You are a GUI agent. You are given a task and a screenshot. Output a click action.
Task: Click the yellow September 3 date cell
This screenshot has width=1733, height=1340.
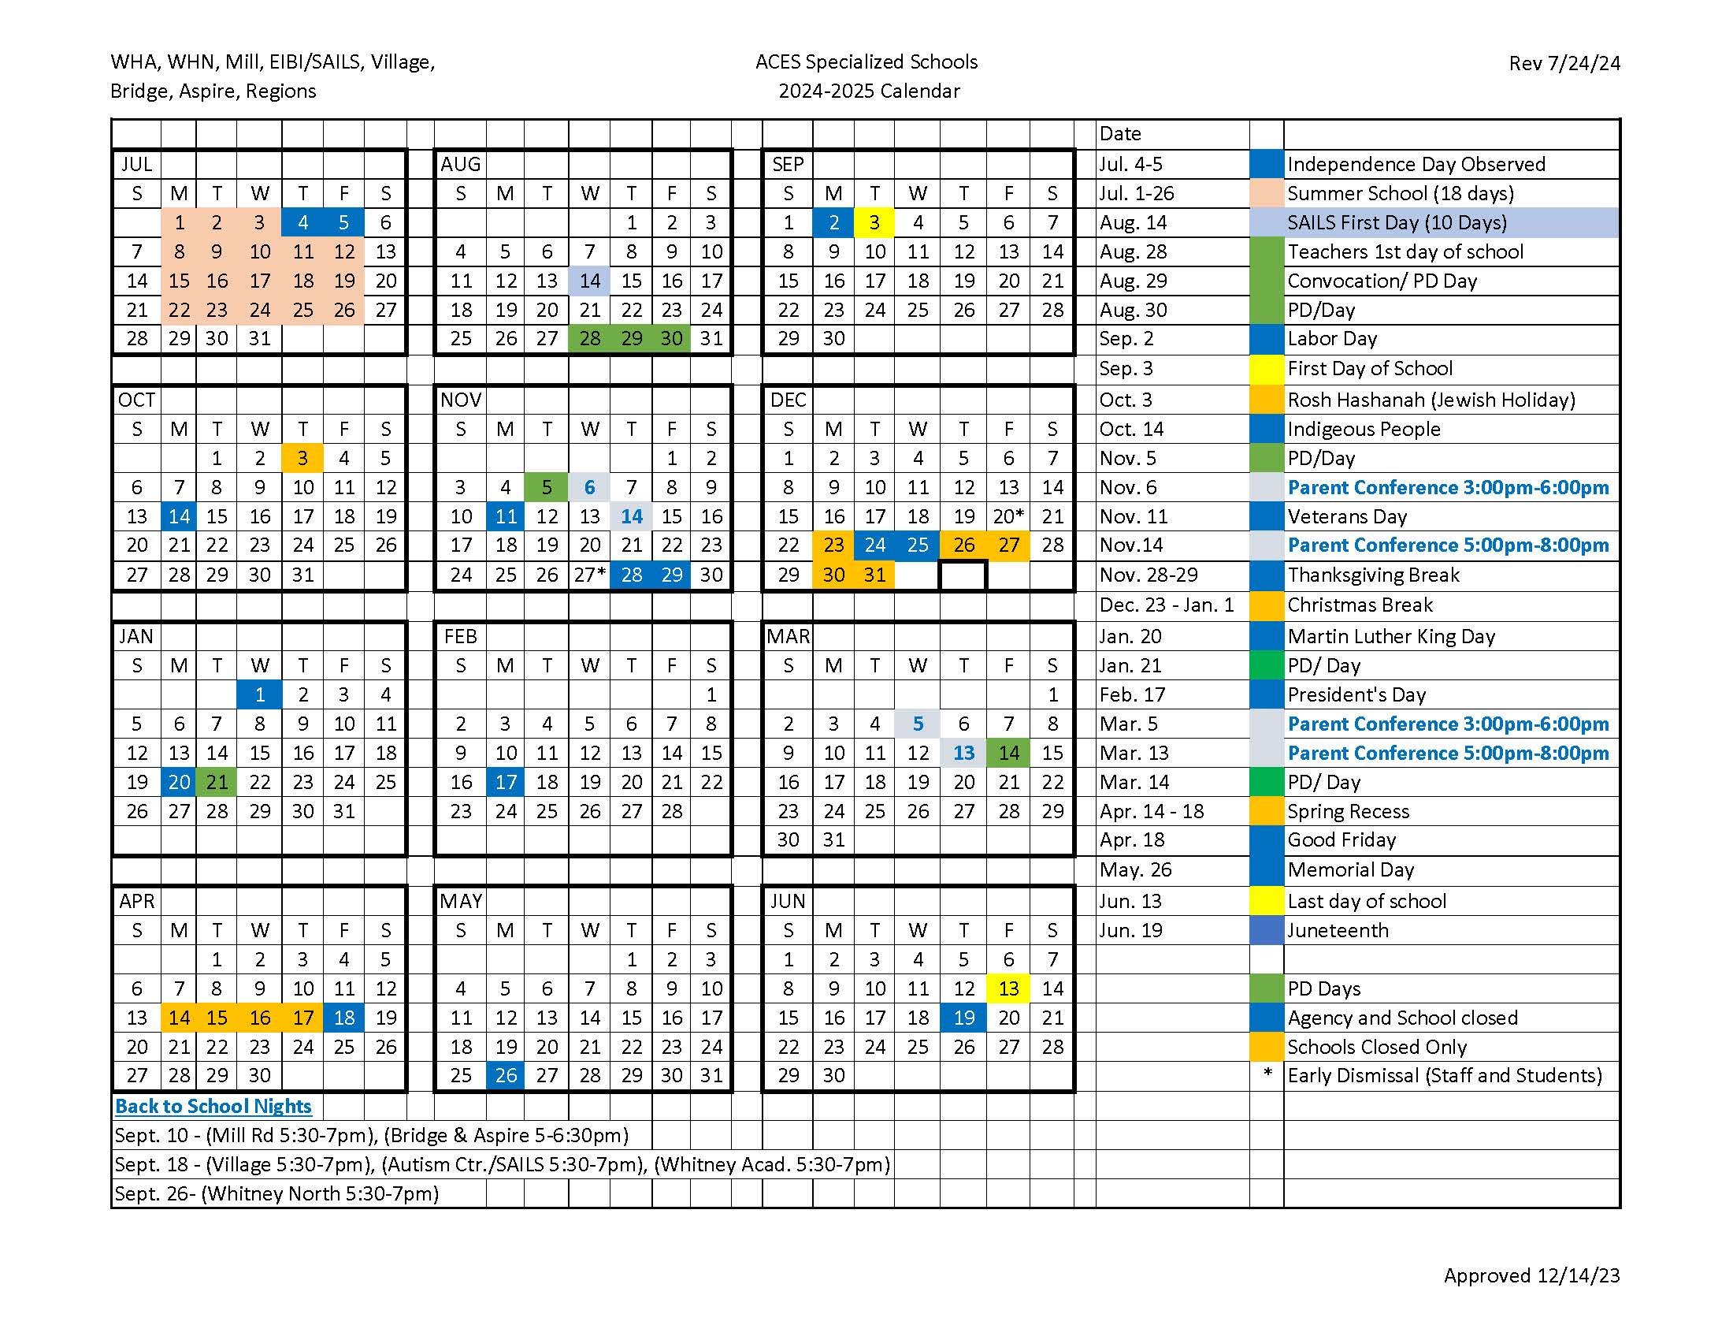coord(874,223)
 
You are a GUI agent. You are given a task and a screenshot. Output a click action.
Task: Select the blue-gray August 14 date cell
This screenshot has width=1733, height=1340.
coord(589,281)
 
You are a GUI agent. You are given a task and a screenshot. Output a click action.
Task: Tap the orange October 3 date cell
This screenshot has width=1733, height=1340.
coord(302,458)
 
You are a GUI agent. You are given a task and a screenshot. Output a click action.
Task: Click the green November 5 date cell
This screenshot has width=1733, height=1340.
coord(547,487)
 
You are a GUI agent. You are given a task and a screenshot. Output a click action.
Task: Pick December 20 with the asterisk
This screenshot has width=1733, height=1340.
coord(1008,517)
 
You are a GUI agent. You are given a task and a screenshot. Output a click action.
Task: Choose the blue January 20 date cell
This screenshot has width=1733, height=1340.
coord(180,782)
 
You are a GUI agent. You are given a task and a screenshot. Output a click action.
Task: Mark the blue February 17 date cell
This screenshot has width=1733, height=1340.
coord(506,782)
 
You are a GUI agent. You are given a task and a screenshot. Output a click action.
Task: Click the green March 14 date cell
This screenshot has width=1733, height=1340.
coord(1008,753)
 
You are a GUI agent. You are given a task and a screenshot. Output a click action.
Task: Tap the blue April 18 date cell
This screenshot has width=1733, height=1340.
coord(343,1018)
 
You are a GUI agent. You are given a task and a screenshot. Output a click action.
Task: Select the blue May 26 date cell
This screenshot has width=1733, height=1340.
coord(506,1076)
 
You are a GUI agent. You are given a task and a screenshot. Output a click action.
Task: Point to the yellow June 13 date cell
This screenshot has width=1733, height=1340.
coord(1008,988)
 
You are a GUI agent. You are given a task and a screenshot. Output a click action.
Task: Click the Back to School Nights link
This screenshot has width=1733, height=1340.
coord(213,1106)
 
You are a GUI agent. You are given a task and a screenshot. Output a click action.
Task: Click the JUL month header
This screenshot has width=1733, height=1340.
coord(136,164)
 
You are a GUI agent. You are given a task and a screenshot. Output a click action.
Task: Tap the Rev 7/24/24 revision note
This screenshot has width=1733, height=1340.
coord(1564,64)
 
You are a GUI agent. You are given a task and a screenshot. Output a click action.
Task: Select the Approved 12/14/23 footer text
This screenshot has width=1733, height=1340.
coord(1531,1275)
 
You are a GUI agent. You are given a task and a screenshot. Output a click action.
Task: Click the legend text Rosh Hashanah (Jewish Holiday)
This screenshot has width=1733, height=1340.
coord(1431,400)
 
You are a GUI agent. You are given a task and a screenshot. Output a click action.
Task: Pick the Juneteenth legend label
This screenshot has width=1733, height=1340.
coord(1338,930)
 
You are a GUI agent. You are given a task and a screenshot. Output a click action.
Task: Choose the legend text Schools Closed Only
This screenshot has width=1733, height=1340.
coord(1377,1047)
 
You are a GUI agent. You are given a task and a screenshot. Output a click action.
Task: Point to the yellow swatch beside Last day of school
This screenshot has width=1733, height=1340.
coord(1267,901)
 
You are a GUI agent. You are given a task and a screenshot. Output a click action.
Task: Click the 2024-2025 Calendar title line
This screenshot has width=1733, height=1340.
coord(869,91)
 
